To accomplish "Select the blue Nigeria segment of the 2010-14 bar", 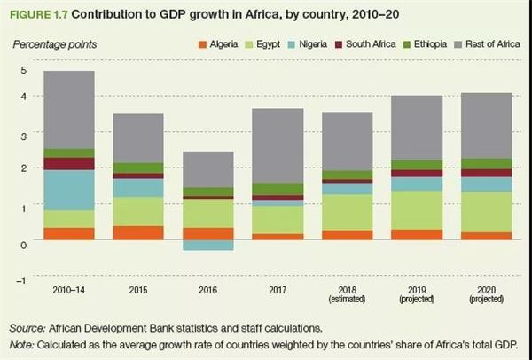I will [x=69, y=190].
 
